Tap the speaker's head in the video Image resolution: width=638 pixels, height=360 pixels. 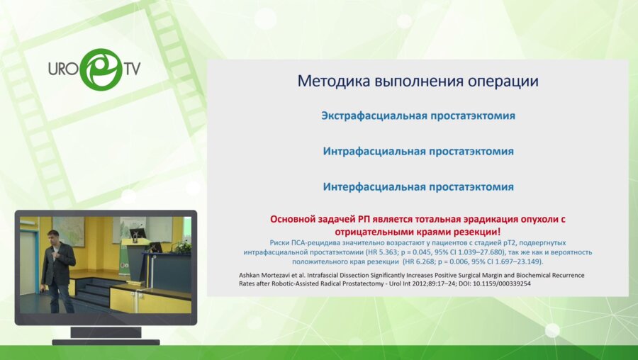click(52, 236)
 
